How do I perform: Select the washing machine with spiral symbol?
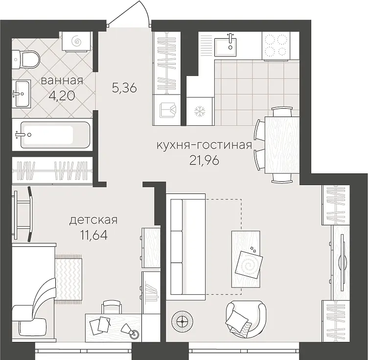pyautogui.click(x=76, y=41)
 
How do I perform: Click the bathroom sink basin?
pyautogui.click(x=21, y=94)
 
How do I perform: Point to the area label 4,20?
pyautogui.click(x=62, y=96)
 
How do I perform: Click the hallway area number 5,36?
pyautogui.click(x=124, y=89)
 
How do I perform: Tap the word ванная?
pyautogui.click(x=62, y=81)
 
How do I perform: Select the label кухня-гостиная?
pyautogui.click(x=204, y=145)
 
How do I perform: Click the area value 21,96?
pyautogui.click(x=204, y=161)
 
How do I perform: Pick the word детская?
pyautogui.click(x=93, y=220)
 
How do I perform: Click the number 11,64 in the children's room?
pyautogui.click(x=94, y=235)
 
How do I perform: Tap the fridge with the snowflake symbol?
pyautogui.click(x=200, y=111)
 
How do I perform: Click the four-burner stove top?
pyautogui.click(x=276, y=46)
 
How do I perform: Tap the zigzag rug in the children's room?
pyautogui.click(x=69, y=278)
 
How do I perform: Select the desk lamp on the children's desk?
pyautogui.click(x=130, y=332)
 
